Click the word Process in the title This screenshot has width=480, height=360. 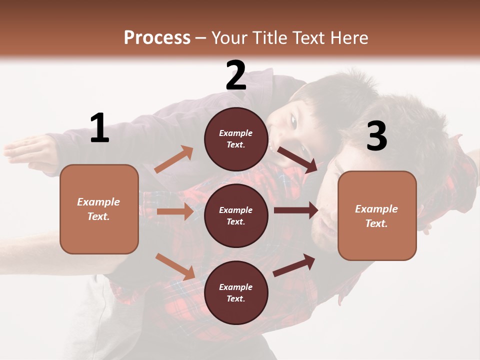pos(157,38)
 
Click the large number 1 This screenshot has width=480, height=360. pos(99,128)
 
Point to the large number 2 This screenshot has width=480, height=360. pos(236,75)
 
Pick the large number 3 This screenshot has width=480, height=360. pos(377,136)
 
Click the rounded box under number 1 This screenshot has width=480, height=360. pos(99,209)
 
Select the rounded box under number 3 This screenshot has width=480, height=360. pos(377,215)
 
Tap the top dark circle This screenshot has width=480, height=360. pos(236,139)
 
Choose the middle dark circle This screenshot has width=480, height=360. pos(236,215)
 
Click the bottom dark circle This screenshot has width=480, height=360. pos(236,292)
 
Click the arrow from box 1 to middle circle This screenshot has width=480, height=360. pos(175,211)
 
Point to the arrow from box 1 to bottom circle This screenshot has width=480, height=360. pos(175,266)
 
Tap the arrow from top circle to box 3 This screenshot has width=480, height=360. pos(297,159)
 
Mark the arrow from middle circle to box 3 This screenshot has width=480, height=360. pos(296,210)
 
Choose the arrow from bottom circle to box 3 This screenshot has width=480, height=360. pos(294,265)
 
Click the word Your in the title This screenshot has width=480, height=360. pos(229,38)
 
